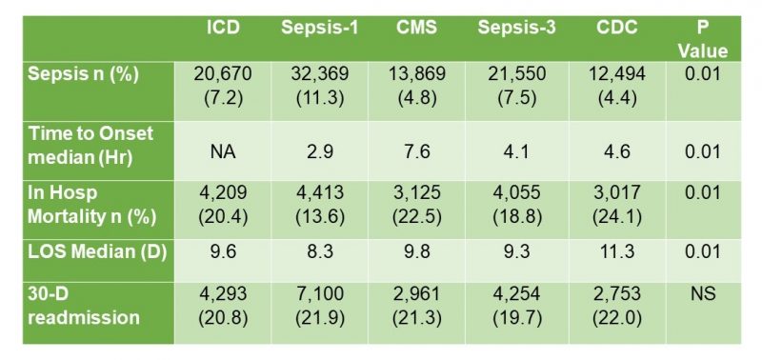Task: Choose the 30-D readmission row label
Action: [x=72, y=304]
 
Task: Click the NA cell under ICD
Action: [x=225, y=150]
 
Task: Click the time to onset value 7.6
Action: [x=415, y=150]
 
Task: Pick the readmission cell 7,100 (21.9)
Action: [x=319, y=304]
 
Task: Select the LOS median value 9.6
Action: [x=225, y=255]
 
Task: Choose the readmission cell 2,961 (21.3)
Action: [x=415, y=304]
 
